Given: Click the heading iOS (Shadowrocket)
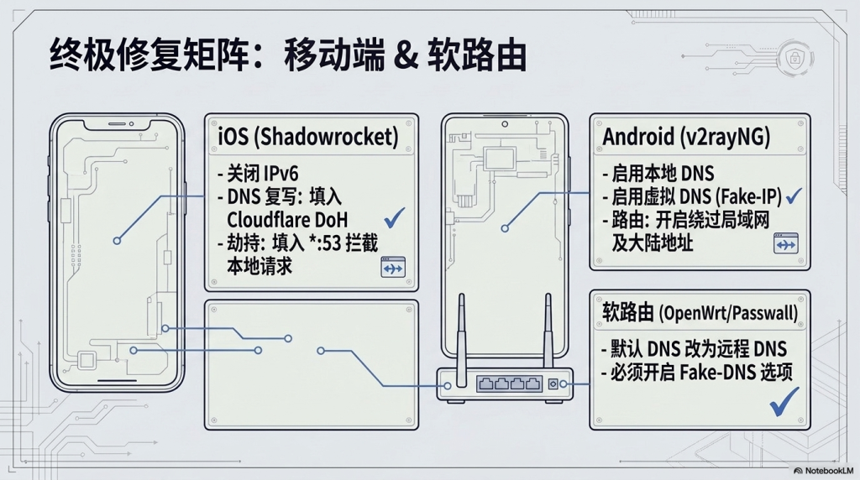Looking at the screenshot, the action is [x=308, y=137].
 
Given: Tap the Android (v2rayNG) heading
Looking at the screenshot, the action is [x=686, y=137].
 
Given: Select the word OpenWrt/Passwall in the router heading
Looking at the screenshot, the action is [x=728, y=313].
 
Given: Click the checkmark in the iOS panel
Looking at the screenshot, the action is [x=395, y=217].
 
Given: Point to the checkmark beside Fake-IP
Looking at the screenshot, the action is [x=794, y=196].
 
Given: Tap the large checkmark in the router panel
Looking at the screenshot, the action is [x=784, y=402].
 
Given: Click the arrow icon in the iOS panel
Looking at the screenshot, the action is [x=393, y=267].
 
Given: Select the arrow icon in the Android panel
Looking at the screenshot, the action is [x=786, y=243].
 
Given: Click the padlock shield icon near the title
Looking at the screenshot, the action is [x=794, y=57].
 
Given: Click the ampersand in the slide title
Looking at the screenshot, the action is [x=406, y=55].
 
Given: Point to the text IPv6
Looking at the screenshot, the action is [x=281, y=174].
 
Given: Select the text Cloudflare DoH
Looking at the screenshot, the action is [x=287, y=220].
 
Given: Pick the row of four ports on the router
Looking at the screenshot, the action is [x=509, y=383].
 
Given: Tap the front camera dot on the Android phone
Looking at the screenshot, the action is [x=505, y=124].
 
